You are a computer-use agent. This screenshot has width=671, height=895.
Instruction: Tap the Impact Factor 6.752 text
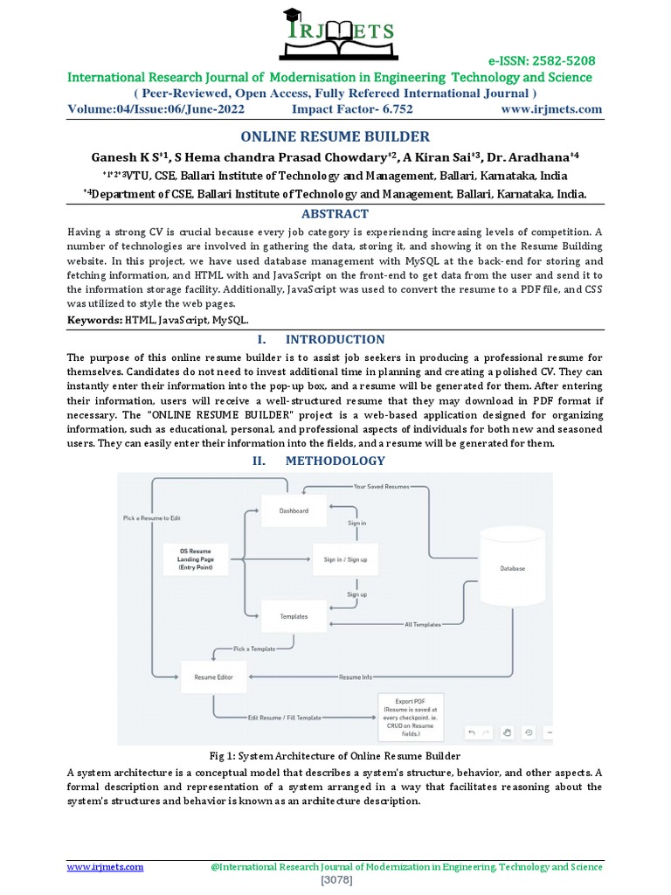point(352,109)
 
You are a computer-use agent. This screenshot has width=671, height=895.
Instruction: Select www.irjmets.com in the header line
point(551,109)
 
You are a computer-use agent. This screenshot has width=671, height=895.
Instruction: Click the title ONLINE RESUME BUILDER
point(335,136)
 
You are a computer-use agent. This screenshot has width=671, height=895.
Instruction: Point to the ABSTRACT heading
point(335,213)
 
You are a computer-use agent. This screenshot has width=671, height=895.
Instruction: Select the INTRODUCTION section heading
point(335,339)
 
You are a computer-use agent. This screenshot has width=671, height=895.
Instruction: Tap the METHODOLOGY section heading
point(335,461)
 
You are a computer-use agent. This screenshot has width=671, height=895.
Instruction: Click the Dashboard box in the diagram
point(294,510)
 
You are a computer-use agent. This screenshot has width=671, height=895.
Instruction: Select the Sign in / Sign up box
point(345,559)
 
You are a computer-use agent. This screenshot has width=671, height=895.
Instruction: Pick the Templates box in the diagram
point(294,616)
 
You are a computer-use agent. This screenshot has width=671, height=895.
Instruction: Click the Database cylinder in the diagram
point(512,566)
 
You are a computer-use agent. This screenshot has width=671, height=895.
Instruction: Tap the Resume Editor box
point(213,676)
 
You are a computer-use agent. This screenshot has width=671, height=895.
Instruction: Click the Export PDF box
point(410,716)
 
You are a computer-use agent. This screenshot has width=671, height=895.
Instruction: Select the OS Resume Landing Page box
point(197,559)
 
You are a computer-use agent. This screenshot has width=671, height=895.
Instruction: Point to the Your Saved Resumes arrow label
point(380,485)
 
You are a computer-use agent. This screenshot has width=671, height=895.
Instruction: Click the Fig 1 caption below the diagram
point(335,755)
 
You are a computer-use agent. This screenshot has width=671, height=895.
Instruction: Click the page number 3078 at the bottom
point(335,881)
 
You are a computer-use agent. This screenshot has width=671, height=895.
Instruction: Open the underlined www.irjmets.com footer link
point(106,867)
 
